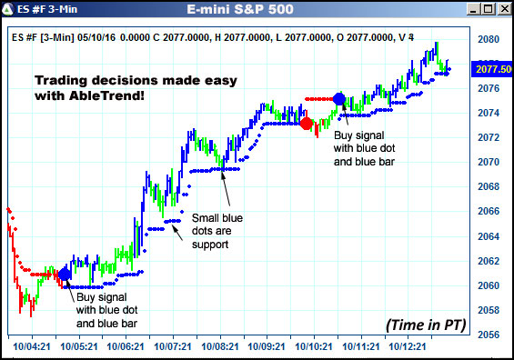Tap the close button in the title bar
pyautogui.click(x=502, y=10)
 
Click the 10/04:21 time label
pyautogui.click(x=33, y=346)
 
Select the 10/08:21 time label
pyautogui.click(x=219, y=346)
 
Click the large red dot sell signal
pyautogui.click(x=307, y=123)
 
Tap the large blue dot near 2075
pyautogui.click(x=339, y=98)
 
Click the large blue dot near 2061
pyautogui.click(x=65, y=274)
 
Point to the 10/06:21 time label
pyautogui.click(x=126, y=346)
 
